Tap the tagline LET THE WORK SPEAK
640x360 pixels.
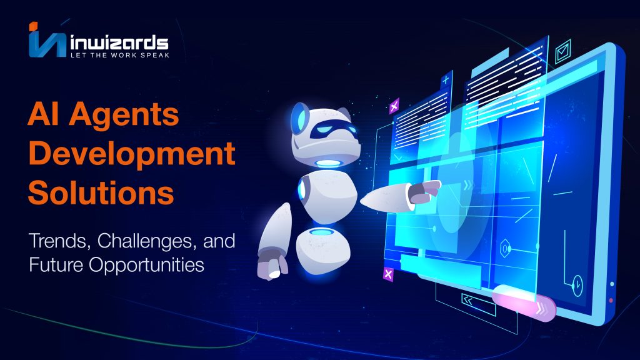[120, 55]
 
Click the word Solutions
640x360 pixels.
[101, 192]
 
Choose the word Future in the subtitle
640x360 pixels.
[56, 264]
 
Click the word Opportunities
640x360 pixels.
[146, 265]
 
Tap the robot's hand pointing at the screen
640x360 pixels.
[424, 192]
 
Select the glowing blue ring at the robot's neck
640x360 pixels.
[328, 164]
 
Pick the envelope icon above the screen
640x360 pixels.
[563, 51]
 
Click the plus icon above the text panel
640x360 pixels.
[446, 79]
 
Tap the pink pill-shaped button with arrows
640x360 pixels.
[524, 302]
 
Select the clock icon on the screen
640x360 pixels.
[577, 285]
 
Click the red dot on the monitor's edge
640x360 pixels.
[611, 301]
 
